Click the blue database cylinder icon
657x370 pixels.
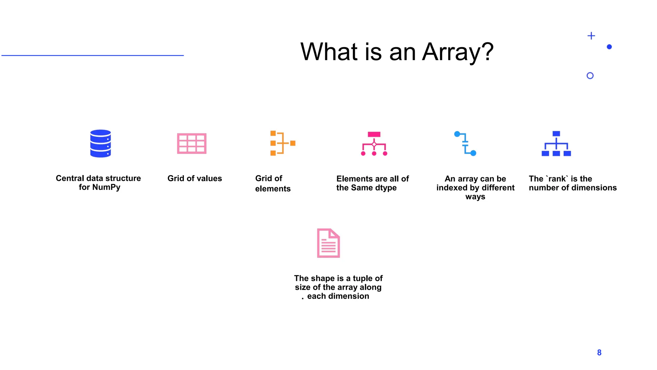tap(100, 144)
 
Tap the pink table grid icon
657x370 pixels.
tap(192, 144)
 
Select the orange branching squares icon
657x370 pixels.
tap(282, 143)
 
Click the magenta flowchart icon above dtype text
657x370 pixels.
tap(374, 144)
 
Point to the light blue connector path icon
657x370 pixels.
tap(465, 144)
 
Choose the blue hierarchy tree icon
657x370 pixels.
tap(556, 144)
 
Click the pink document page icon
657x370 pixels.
tap(328, 243)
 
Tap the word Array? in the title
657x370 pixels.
tap(458, 52)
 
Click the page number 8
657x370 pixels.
tap(599, 353)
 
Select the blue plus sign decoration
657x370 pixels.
tap(591, 36)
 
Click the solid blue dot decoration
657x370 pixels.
tap(609, 47)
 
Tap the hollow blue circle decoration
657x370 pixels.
tap(590, 76)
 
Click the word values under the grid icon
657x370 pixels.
tap(209, 179)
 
